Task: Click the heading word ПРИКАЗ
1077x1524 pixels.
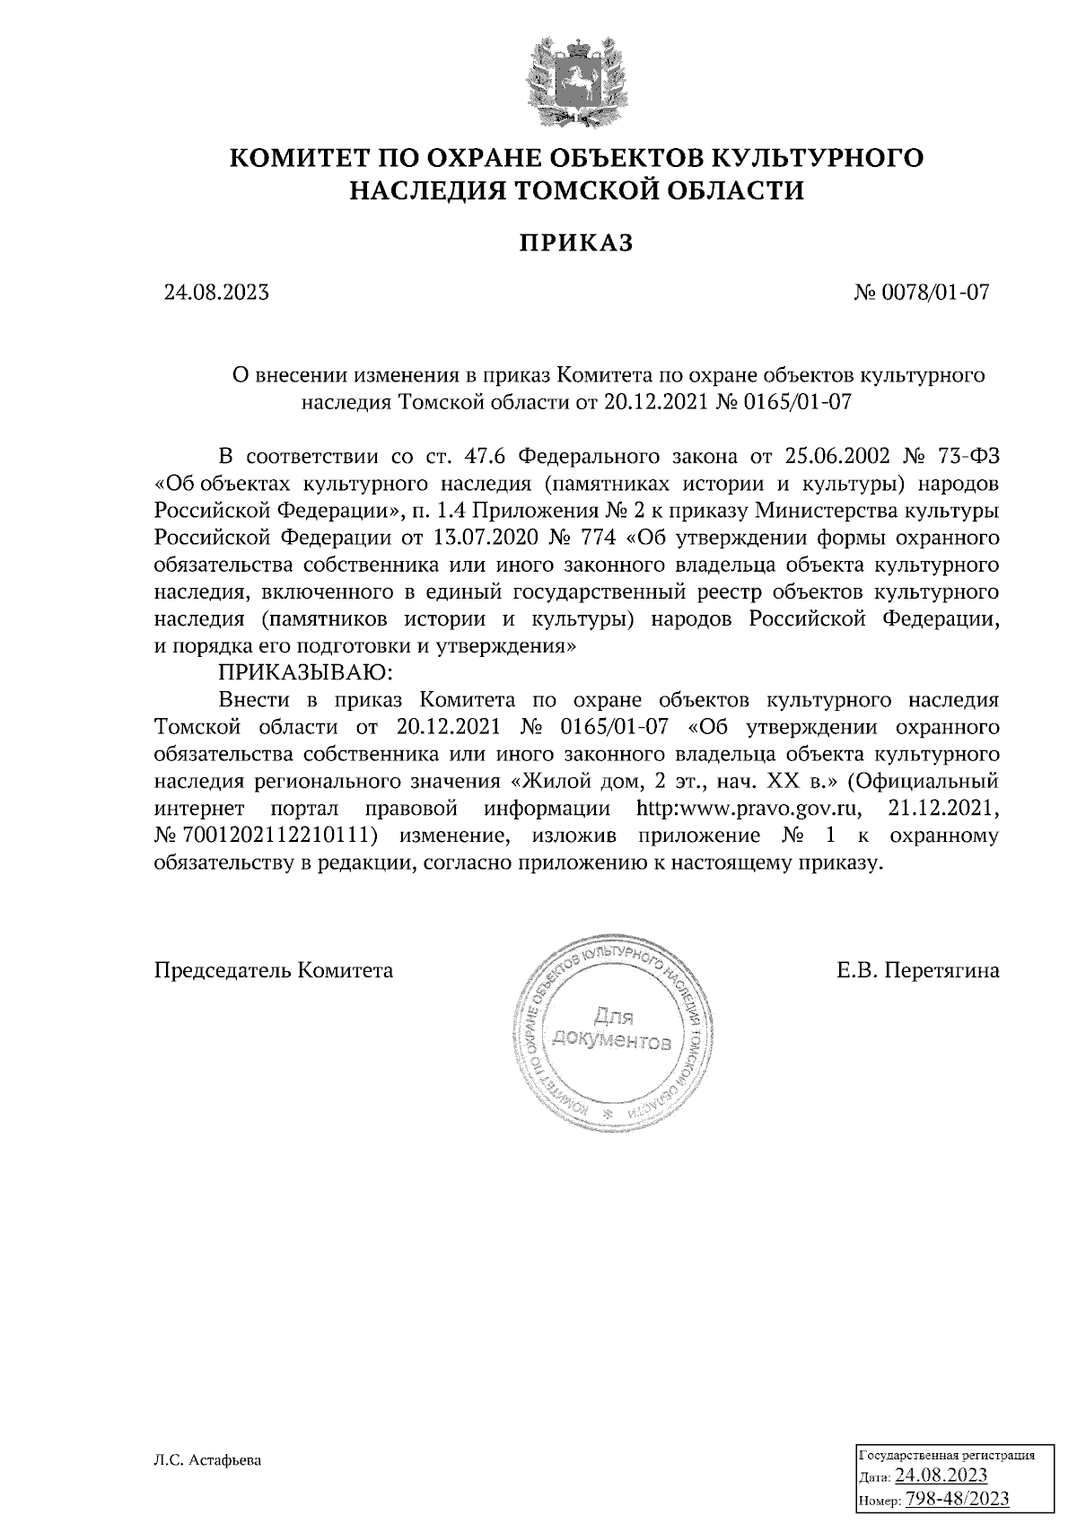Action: pyautogui.click(x=577, y=243)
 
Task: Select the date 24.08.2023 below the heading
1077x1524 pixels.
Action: pyautogui.click(x=216, y=293)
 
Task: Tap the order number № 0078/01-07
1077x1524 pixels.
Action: pyautogui.click(x=924, y=293)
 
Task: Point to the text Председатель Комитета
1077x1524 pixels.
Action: pyautogui.click(x=274, y=970)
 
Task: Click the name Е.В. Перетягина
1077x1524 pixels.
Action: pyautogui.click(x=917, y=970)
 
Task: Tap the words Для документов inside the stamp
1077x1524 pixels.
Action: pyautogui.click(x=613, y=1030)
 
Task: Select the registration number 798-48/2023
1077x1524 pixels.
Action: pyautogui.click(x=958, y=1499)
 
